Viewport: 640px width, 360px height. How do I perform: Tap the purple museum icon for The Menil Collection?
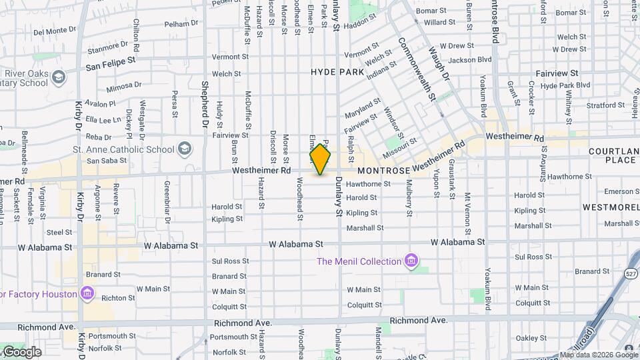pyautogui.click(x=411, y=261)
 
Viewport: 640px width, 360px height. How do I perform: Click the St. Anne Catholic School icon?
pyautogui.click(x=184, y=148)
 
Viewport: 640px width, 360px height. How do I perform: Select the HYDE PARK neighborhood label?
pyautogui.click(x=337, y=72)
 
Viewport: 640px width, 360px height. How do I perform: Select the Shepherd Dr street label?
pyautogui.click(x=205, y=105)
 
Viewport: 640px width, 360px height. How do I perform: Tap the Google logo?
pyautogui.click(x=21, y=352)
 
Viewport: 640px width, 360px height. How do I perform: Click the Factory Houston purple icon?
pyautogui.click(x=87, y=293)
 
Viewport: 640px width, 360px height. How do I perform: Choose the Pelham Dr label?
pyautogui.click(x=181, y=23)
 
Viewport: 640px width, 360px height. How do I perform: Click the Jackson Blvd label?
pyautogui.click(x=470, y=60)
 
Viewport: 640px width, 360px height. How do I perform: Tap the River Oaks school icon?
pyautogui.click(x=59, y=78)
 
